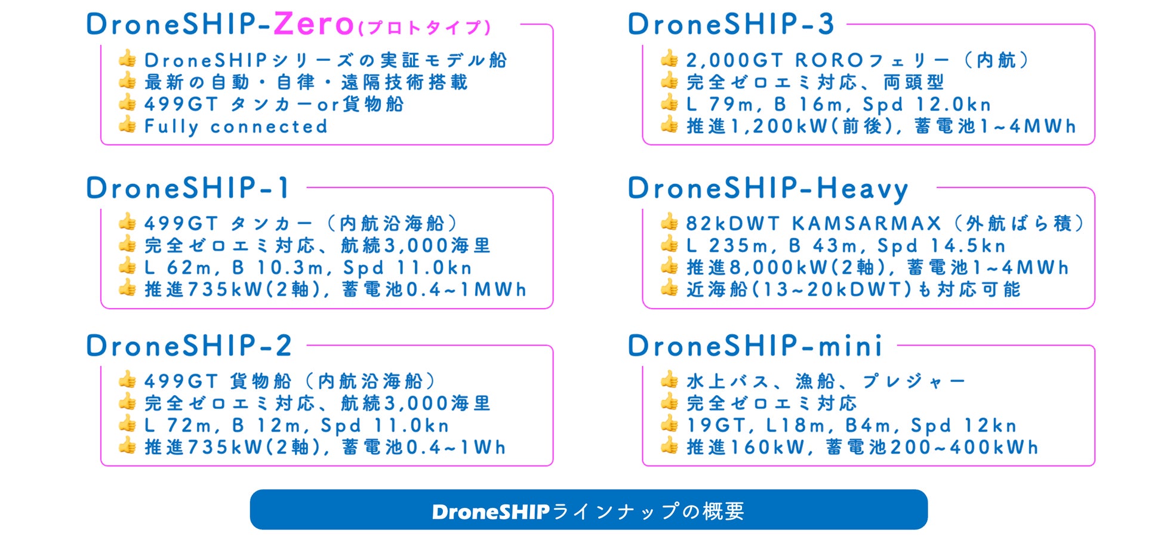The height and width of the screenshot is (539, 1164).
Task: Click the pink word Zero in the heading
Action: click(x=314, y=24)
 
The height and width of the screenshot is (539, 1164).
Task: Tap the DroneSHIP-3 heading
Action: click(x=731, y=24)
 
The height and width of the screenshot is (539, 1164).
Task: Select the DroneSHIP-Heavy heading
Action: click(x=768, y=189)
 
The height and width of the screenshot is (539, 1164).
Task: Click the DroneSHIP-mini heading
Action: click(x=755, y=346)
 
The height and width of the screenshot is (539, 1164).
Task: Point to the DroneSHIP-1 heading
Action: click(x=187, y=189)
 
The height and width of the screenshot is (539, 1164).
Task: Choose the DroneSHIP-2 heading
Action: click(x=189, y=346)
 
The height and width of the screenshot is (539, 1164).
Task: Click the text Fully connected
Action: click(x=236, y=127)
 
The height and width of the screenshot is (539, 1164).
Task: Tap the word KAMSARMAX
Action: click(x=866, y=223)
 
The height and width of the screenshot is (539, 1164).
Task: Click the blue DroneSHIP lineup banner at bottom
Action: click(x=588, y=510)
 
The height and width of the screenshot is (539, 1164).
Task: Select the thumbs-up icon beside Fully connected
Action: click(x=127, y=125)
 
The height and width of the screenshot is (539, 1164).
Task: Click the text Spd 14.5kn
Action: click(x=941, y=245)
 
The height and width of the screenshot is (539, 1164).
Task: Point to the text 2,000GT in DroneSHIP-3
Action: click(x=734, y=60)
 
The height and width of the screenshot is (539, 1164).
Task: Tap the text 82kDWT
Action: click(x=732, y=223)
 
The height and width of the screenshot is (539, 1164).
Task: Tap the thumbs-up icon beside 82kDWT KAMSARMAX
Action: click(x=669, y=222)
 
